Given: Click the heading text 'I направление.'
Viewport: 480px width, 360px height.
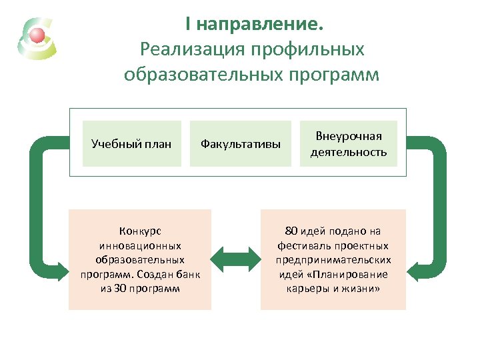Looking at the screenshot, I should click(255, 25).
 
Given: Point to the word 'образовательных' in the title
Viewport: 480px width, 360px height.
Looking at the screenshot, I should click(204, 73).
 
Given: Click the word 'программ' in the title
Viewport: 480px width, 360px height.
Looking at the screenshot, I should click(334, 73).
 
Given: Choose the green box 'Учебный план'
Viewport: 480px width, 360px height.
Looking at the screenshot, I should click(131, 143).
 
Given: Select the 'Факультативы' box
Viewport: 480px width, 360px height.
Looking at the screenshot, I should click(241, 143).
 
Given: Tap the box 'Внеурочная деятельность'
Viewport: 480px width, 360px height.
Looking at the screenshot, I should click(348, 143).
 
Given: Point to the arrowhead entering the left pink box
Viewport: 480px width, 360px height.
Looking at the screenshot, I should click(61, 271).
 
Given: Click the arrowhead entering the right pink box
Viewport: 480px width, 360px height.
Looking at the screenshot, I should click(414, 271).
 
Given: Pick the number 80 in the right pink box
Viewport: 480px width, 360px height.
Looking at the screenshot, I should click(290, 231).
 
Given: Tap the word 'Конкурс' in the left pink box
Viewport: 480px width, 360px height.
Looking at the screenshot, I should click(139, 231).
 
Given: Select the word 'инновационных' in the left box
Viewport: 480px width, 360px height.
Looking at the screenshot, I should click(139, 245).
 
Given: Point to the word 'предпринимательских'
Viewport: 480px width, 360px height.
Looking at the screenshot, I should click(333, 260).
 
